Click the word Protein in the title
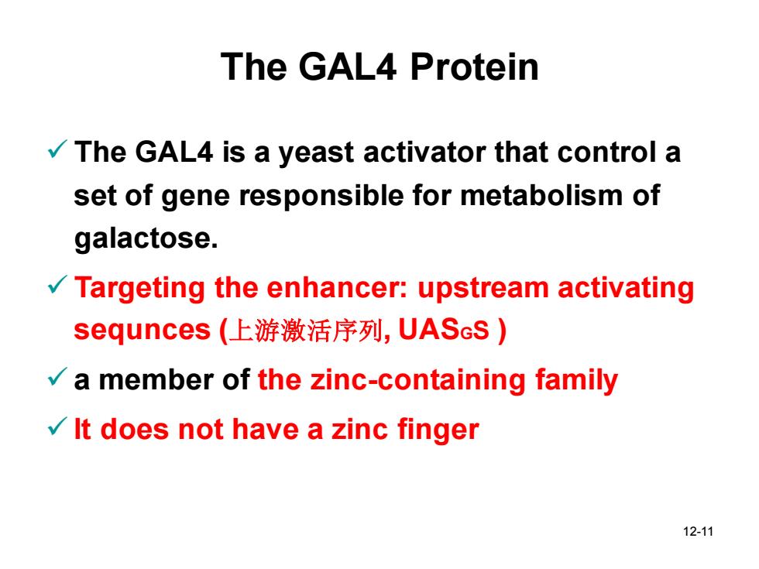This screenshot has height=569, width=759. point(474,67)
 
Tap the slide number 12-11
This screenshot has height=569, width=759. point(698,531)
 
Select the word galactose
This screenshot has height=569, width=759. point(146,238)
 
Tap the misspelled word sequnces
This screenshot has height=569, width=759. point(142,331)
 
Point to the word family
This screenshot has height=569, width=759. point(576,381)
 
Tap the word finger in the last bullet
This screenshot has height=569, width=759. point(438,430)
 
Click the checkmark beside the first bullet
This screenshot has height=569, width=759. point(57,149)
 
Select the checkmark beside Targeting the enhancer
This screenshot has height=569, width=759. point(57,285)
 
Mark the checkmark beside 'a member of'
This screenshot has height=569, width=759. point(57,376)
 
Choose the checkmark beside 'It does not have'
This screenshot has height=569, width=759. point(57,427)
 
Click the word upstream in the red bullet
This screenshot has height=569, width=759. point(483,288)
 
